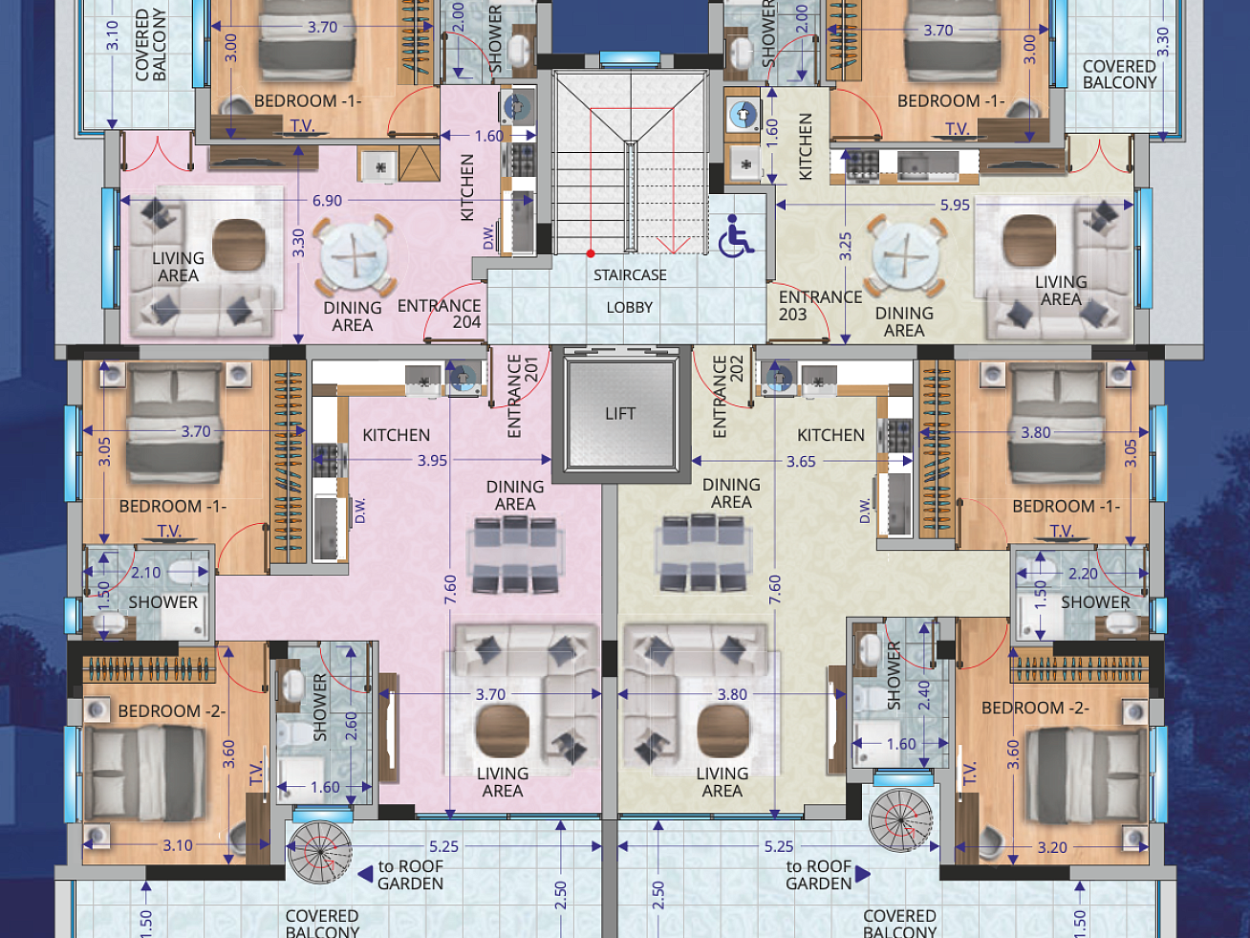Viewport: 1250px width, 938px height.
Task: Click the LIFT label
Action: point(620,413)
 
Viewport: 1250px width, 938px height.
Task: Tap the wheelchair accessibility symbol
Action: point(735,236)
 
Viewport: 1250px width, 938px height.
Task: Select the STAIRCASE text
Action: point(630,275)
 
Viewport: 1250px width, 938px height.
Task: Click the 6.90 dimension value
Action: point(327,201)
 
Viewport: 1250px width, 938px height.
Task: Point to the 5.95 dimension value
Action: point(955,205)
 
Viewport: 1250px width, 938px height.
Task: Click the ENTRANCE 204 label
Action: point(439,314)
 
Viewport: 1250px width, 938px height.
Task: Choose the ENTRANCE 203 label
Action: point(820,306)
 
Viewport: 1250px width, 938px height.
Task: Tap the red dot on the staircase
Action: point(591,253)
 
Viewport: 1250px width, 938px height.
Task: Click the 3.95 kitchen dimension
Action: point(432,460)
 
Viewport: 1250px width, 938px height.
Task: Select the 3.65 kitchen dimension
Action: point(801,461)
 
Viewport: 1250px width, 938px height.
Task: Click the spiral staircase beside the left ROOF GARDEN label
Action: point(320,852)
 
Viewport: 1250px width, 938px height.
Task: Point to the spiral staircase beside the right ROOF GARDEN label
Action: point(901,820)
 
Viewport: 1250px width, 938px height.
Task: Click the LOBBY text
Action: point(629,308)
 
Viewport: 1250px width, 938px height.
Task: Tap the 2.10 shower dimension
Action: point(146,573)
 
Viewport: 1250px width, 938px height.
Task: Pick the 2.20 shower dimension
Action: point(1083,574)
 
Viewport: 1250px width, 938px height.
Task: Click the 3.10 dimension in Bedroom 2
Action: point(178,845)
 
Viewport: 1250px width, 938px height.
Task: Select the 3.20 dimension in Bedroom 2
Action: point(1052,847)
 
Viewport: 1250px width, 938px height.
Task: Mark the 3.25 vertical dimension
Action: point(846,246)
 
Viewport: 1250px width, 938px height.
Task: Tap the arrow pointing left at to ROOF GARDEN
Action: point(366,874)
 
